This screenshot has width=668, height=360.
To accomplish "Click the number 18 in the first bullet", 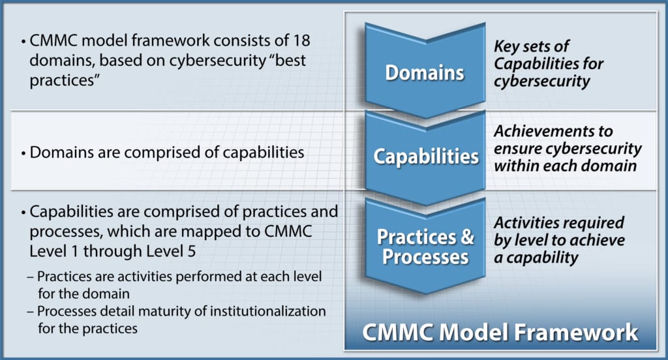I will (300, 40).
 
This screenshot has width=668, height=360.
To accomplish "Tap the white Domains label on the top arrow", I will (425, 72).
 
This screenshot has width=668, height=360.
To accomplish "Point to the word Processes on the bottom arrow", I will (425, 256).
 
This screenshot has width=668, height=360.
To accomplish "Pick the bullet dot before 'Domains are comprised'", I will (23, 154).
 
